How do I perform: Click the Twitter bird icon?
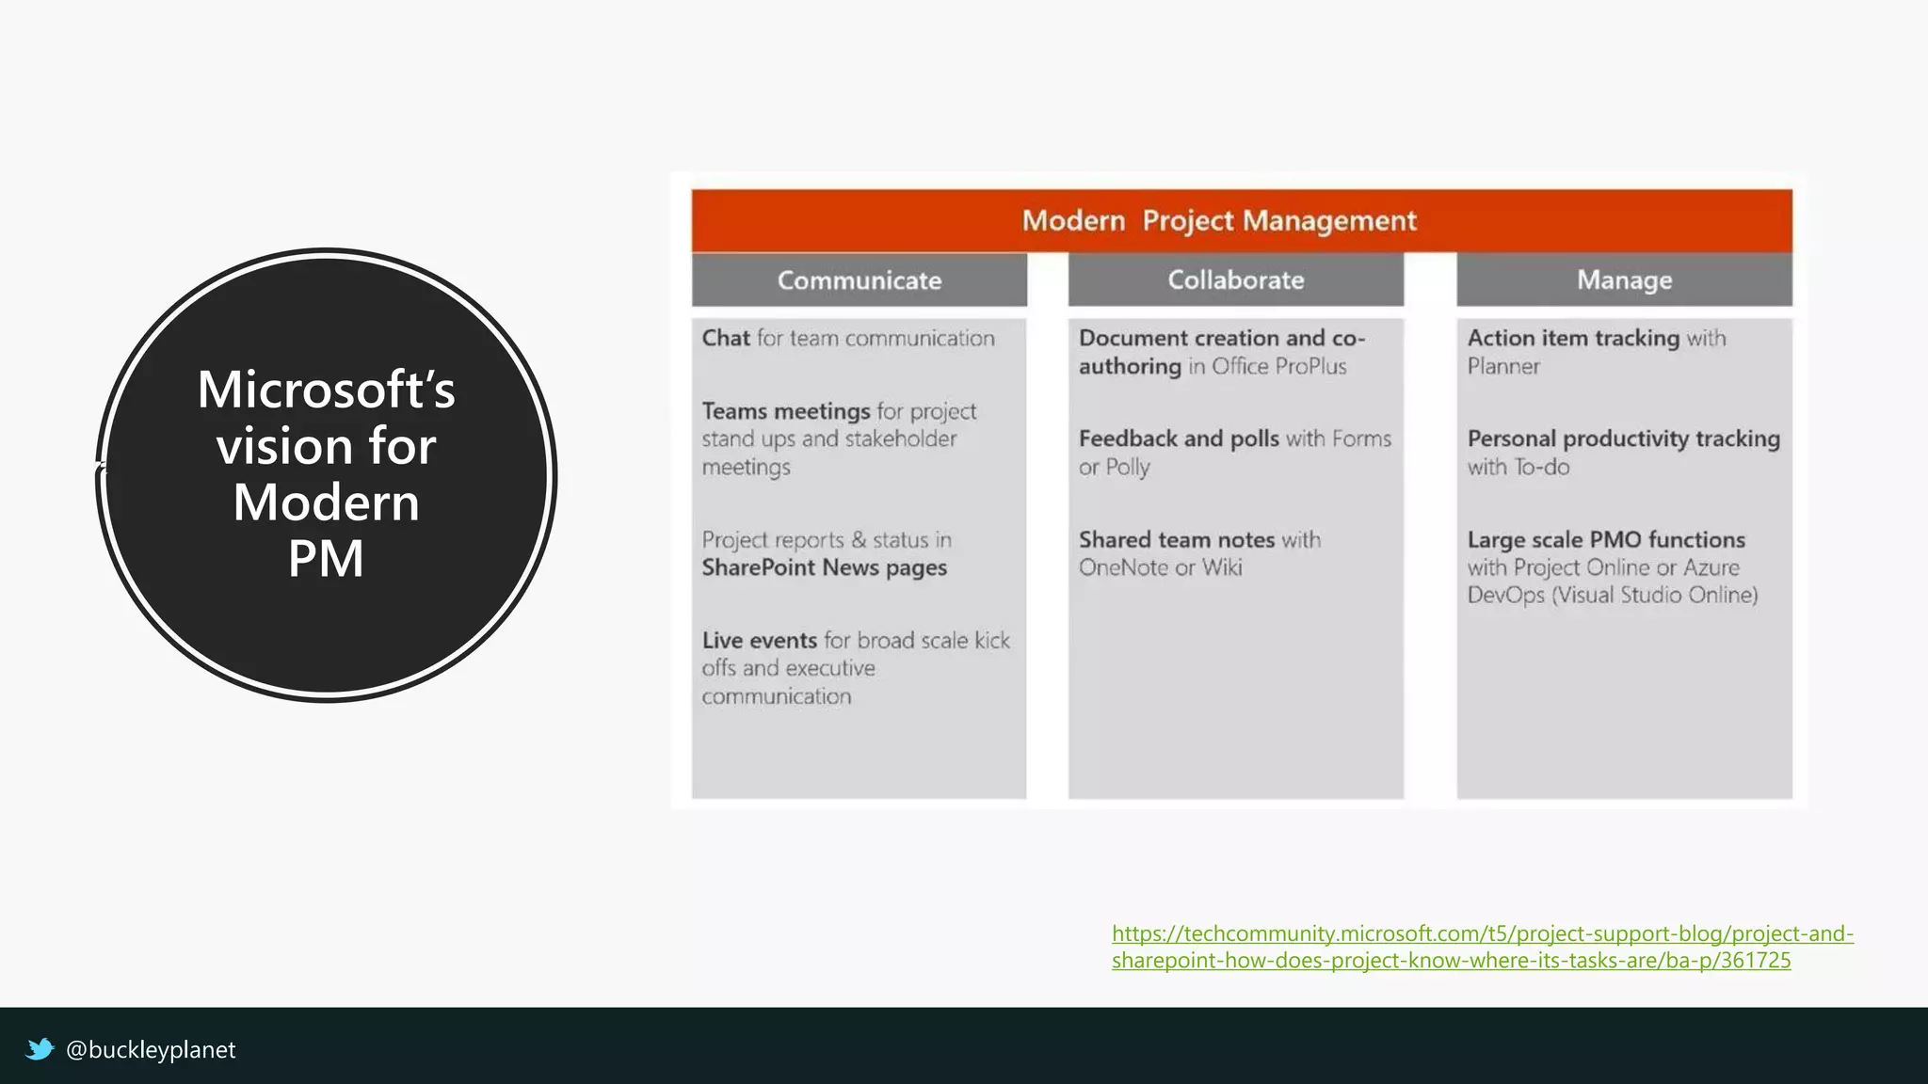coord(40,1049)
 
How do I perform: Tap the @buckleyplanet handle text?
coord(151,1050)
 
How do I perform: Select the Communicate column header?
coord(859,280)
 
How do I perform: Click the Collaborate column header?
coord(1235,280)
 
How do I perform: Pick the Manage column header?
coord(1624,280)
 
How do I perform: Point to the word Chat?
coord(726,339)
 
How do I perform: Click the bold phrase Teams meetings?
coord(786,411)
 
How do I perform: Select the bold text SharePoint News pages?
coord(824,567)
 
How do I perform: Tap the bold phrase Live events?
coord(759,641)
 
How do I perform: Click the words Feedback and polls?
coord(1179,439)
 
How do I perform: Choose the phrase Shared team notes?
coord(1177,540)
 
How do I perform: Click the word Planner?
coord(1503,367)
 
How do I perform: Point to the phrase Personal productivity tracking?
coord(1623,439)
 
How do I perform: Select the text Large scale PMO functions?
coord(1606,540)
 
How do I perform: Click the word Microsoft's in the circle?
coord(326,390)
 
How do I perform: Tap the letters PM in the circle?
coord(326,558)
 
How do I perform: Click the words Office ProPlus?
coord(1278,367)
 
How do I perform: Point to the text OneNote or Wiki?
coord(1160,567)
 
